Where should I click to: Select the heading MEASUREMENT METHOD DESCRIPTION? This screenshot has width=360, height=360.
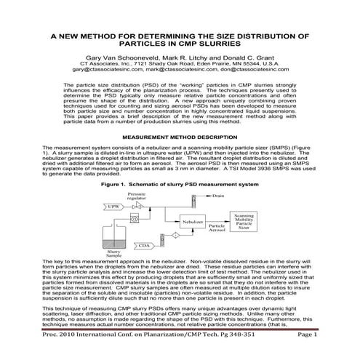coord(180,137)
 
